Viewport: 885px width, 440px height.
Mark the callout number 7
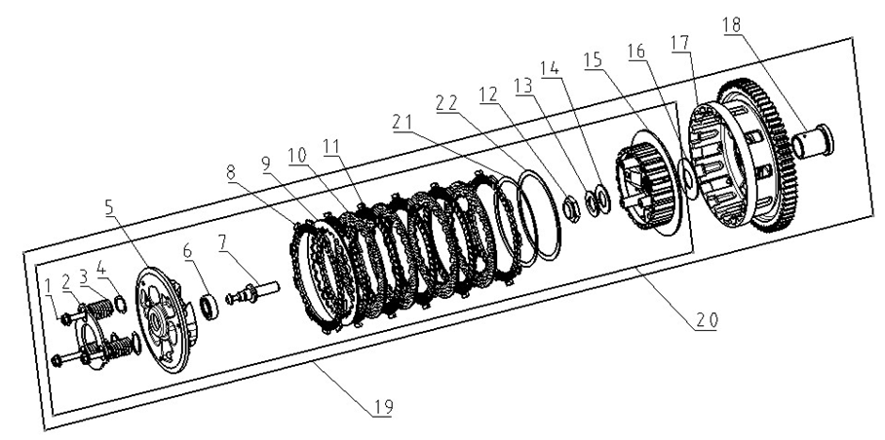tap(224, 241)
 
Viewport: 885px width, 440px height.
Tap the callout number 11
tap(333, 145)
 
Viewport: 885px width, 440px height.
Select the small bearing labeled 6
tap(209, 306)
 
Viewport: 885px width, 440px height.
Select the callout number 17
tap(679, 46)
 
